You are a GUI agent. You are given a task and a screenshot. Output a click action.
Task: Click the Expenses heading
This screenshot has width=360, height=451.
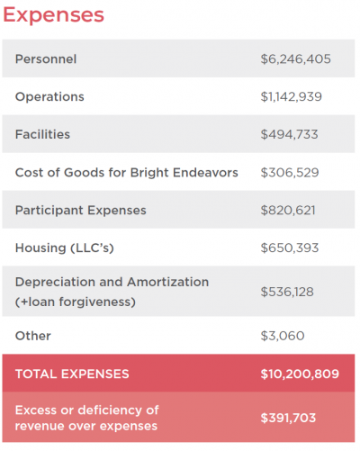pos(53,15)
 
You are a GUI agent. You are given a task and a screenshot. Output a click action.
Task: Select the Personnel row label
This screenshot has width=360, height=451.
pos(46,59)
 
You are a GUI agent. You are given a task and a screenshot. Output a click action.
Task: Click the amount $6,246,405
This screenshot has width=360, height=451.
pos(295,59)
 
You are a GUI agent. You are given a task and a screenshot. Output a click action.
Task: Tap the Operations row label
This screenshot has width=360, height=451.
pos(49,97)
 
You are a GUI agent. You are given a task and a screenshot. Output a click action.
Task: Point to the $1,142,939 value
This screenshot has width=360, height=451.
pos(291,96)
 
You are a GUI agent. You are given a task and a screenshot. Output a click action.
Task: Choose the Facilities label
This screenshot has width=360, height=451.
pos(42,134)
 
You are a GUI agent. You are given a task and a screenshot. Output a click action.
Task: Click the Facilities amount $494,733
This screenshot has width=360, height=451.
pos(289,134)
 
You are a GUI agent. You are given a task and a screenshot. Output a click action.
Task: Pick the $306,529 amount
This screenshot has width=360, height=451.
pos(290,173)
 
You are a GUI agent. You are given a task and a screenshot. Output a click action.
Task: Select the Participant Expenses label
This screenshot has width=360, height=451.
pos(81,211)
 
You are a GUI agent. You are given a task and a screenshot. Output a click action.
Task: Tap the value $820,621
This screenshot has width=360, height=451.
pos(288,211)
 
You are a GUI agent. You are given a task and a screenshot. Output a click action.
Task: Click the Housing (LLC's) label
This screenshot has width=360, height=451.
pos(65,248)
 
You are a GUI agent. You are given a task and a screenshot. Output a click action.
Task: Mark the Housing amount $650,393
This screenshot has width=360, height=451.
pos(290,248)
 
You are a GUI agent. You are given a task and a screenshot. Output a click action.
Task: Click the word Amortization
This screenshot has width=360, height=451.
pos(167,282)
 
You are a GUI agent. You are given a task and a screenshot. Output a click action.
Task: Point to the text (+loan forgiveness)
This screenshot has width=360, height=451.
pos(76,302)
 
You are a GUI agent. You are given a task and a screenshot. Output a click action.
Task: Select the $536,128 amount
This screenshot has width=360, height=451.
pos(287,292)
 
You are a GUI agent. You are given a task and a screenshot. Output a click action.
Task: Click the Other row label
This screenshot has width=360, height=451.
pos(33,336)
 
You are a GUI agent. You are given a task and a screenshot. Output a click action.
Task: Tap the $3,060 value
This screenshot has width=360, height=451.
pos(283,336)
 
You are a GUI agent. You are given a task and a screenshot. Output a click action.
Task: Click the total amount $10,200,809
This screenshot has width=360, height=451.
pos(300,374)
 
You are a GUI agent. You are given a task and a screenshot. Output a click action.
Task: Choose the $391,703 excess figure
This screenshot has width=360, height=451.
pos(288,418)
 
